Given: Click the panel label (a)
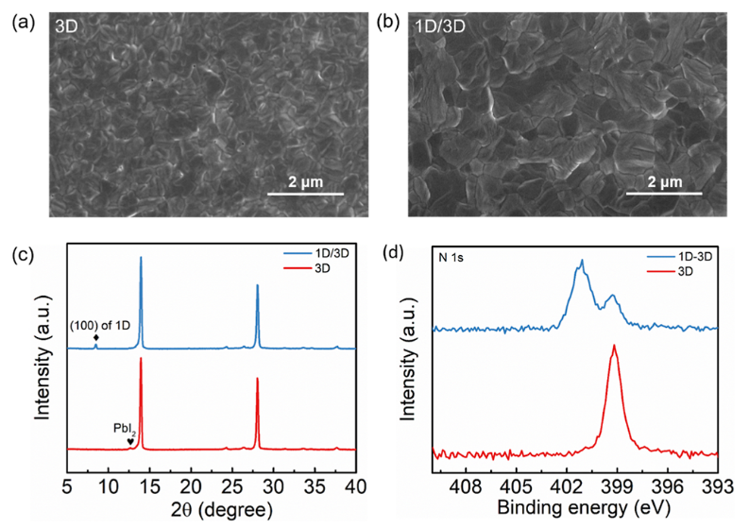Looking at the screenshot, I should coord(20,22).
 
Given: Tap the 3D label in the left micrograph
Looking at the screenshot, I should coord(65,29).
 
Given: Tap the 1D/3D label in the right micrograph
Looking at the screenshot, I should coord(441,29).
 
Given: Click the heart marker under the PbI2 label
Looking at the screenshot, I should coord(130,440).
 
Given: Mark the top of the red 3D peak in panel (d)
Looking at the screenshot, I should coord(615,346).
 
